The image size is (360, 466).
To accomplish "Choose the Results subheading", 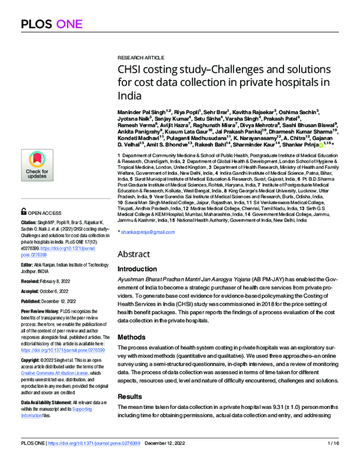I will tap(129, 398).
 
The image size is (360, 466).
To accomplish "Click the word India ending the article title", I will tap(130, 95).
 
